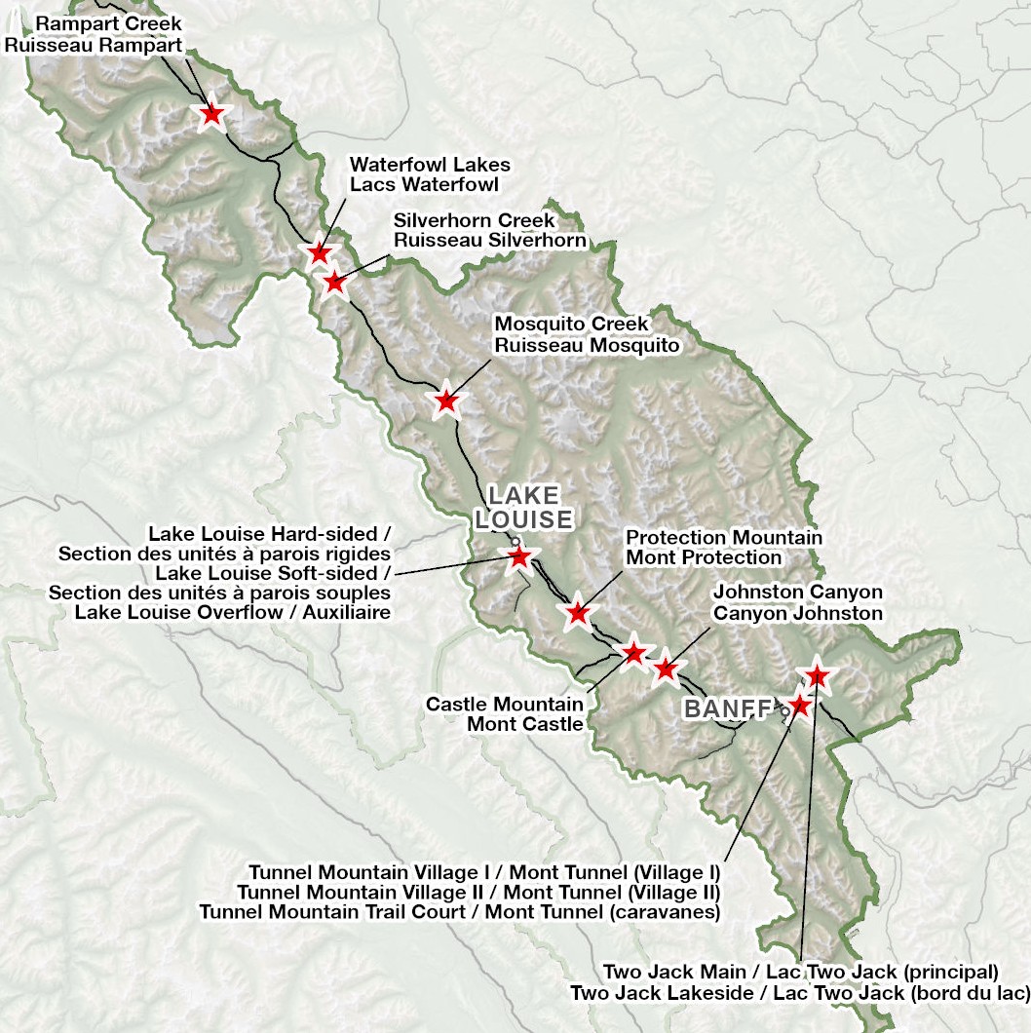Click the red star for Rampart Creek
coord(211,115)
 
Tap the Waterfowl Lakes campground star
coord(319,253)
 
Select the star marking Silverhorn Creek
coord(334,282)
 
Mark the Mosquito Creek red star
coord(445,401)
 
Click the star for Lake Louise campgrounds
coord(518,556)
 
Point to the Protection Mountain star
coord(578,613)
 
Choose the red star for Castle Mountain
coord(633,653)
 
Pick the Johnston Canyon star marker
coord(665,670)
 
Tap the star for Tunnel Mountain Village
coord(799,705)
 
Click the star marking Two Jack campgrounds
coord(817,674)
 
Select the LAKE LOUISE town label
coord(523,507)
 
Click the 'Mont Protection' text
coord(704,557)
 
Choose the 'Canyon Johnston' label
coord(797,613)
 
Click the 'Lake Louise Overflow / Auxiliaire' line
coord(233,612)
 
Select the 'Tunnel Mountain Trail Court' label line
coord(459,912)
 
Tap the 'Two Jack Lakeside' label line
coord(799,992)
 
